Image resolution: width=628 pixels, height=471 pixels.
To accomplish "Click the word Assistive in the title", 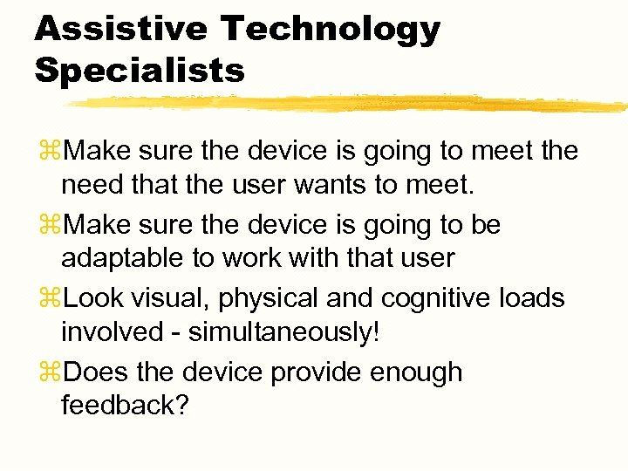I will (x=119, y=29).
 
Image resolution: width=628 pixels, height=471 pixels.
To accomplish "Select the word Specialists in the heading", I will (x=140, y=71).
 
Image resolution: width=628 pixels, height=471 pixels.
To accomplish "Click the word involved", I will (x=109, y=332).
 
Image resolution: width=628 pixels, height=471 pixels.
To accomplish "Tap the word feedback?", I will (x=125, y=406).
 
